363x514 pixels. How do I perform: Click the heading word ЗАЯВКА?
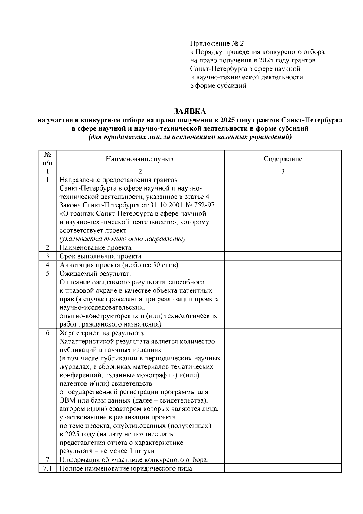pos(190,111)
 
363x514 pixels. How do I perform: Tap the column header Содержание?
pos(283,159)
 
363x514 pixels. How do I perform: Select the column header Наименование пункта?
pos(140,159)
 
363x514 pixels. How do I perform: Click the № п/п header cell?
pos(47,158)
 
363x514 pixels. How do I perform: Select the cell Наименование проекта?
pos(96,247)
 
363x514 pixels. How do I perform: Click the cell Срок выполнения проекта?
pos(100,256)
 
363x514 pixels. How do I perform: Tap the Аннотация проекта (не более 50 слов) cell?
pos(119,265)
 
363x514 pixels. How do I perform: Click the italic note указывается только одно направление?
pos(122,239)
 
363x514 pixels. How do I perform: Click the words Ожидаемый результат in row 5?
pos(95,274)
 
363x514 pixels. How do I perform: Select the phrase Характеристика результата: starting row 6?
pos(103,333)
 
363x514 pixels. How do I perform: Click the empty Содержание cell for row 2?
pos(283,247)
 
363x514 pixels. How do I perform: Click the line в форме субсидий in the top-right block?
pos(218,85)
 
